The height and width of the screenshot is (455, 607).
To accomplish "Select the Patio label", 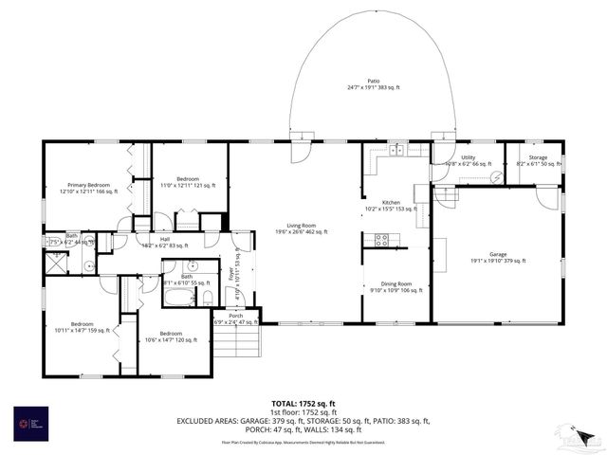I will point(374,82).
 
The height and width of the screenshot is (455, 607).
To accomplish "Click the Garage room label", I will point(498,254).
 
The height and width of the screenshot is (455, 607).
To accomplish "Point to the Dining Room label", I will point(396,283).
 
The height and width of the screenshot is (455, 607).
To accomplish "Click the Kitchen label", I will point(392,203).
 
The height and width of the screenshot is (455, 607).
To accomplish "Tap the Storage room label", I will point(538,157).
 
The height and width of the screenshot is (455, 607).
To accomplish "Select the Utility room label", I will point(469,157).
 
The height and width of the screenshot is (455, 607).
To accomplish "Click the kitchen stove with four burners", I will point(383,240).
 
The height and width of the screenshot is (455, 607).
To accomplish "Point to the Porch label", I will point(235,316).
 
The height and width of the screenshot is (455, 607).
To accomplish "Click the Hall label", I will point(164,239).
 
